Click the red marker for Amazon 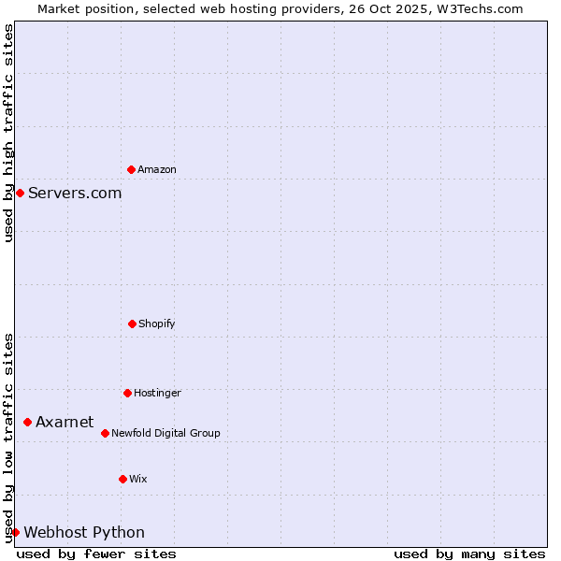pos(131,169)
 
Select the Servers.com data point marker pos(20,193)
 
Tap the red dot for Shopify pos(132,324)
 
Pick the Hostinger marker pos(127,393)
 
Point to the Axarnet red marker pos(27,422)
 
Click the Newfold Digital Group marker pos(105,433)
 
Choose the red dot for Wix pos(122,479)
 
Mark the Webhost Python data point pos(15,532)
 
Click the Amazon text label pos(157,170)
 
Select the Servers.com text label pos(75,194)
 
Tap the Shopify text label pos(157,324)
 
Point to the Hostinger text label pos(157,394)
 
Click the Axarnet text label pos(65,423)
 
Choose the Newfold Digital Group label pos(165,434)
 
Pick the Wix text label pos(138,480)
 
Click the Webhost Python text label pos(84,533)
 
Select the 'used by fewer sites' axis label pos(96,554)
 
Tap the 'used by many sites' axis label pos(469,554)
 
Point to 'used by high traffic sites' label pos(8,133)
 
